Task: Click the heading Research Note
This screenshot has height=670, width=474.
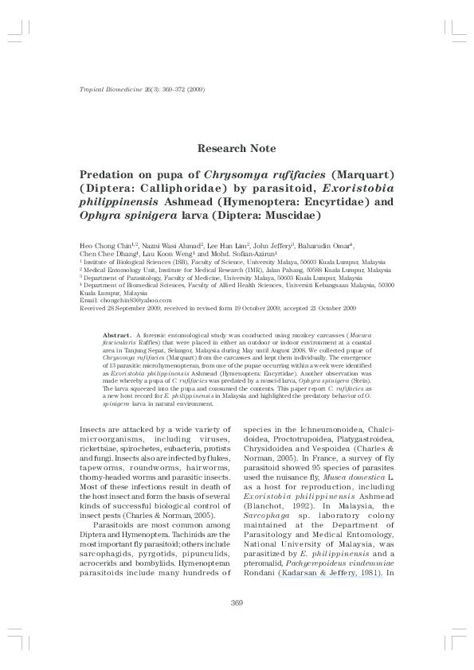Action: (x=237, y=148)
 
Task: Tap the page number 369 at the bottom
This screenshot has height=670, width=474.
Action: (x=236, y=602)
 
